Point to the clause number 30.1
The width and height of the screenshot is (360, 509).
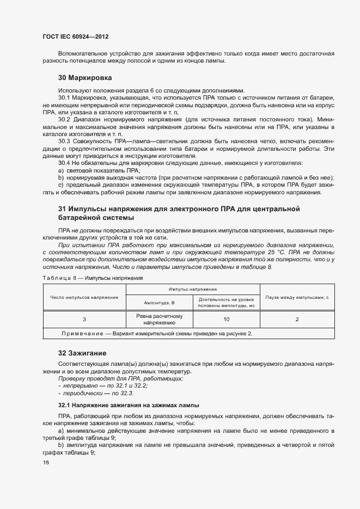(65, 97)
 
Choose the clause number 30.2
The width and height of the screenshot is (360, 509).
(65, 119)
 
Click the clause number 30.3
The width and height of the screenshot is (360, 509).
(65, 140)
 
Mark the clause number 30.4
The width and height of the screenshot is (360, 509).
(65, 163)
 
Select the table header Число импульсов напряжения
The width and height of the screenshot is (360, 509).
(84, 297)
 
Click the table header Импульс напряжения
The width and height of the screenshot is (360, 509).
(193, 289)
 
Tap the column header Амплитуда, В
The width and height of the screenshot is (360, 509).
(159, 302)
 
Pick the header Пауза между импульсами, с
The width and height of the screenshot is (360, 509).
(297, 297)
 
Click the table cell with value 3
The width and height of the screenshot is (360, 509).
(84, 320)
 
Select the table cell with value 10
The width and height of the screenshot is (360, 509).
(226, 320)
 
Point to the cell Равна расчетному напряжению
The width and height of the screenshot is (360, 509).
(159, 320)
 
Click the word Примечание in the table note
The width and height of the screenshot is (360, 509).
(80, 333)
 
